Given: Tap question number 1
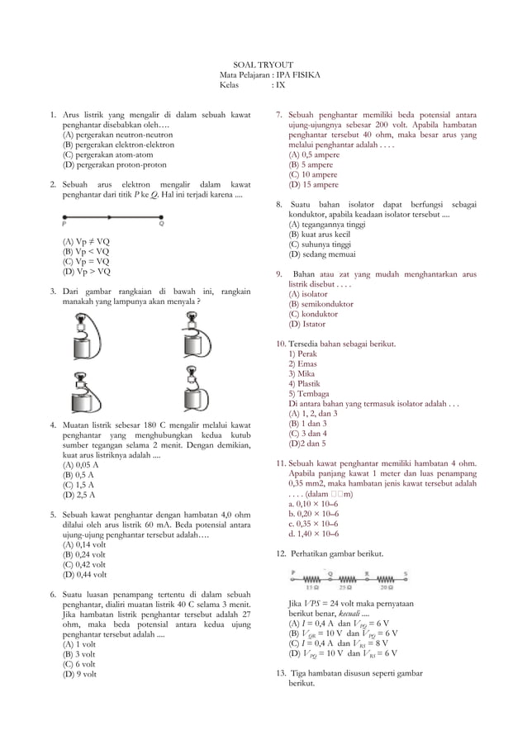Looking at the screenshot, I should [x=52, y=114].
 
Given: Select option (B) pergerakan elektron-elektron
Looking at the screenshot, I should [x=118, y=144].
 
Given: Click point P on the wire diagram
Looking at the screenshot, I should [x=64, y=221].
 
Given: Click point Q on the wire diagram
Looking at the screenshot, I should [x=161, y=221].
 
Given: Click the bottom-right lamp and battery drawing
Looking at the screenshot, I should [x=192, y=392].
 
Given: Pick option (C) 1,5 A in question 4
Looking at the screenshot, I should [x=79, y=485].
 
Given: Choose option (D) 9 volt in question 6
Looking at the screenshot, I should [x=80, y=673].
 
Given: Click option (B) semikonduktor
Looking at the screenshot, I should [x=320, y=303].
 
